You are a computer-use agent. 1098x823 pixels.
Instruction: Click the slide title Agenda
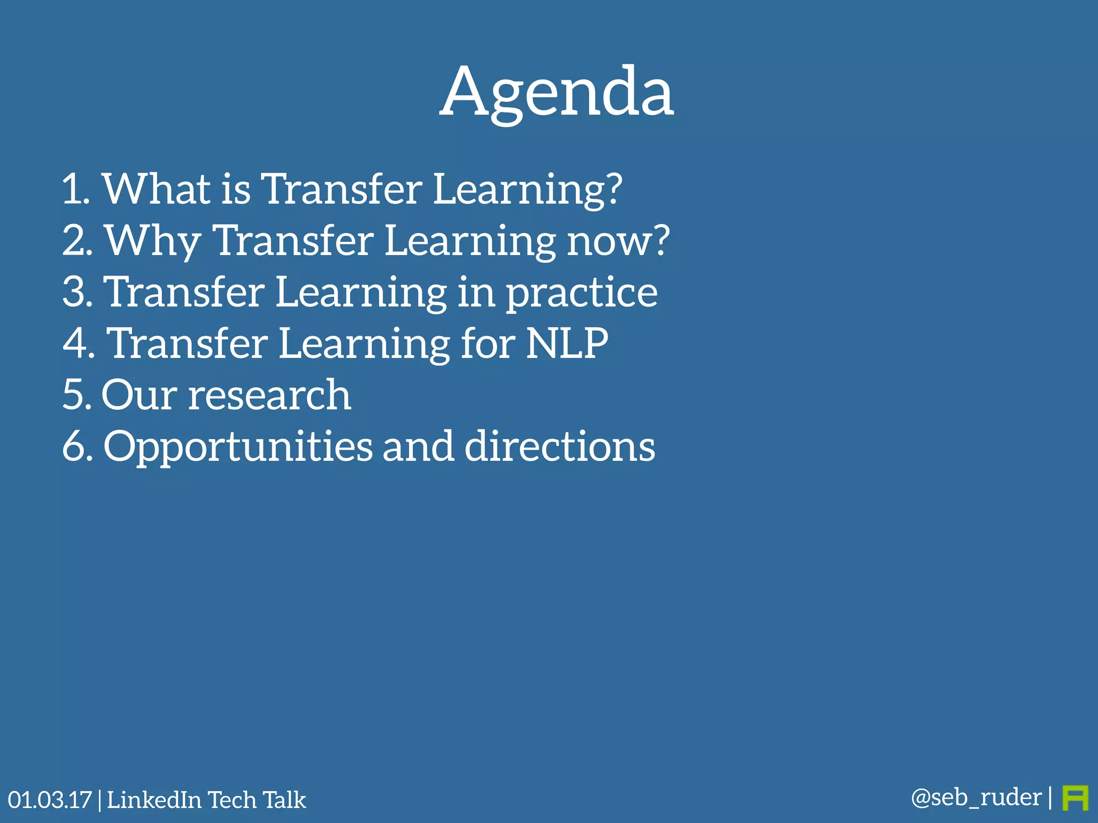click(x=557, y=92)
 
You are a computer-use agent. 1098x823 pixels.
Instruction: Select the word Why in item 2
click(x=153, y=241)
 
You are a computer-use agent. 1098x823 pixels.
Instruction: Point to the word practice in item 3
click(x=582, y=293)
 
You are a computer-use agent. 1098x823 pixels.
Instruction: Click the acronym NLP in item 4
click(x=567, y=343)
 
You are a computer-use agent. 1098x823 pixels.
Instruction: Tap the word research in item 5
click(x=270, y=395)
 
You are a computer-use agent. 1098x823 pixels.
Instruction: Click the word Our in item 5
click(x=139, y=395)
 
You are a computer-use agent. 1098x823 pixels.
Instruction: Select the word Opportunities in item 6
click(x=238, y=447)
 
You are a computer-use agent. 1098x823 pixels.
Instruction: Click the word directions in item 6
click(x=559, y=446)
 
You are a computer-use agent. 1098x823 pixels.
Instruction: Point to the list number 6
click(x=76, y=446)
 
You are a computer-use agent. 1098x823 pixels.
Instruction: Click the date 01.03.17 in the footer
click(x=50, y=800)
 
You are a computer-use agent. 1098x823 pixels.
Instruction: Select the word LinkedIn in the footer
click(x=154, y=800)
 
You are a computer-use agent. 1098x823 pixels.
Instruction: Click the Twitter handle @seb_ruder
click(x=976, y=797)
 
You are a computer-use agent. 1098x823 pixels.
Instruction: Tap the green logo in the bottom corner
click(x=1075, y=798)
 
